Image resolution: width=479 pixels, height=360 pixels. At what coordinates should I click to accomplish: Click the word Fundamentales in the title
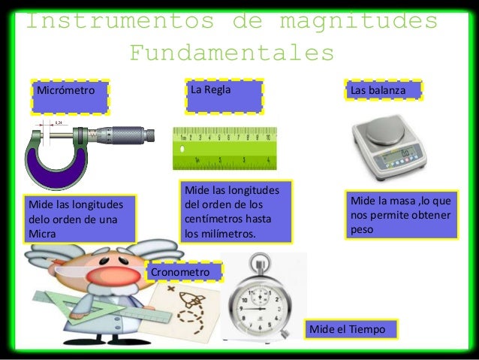coord(231,53)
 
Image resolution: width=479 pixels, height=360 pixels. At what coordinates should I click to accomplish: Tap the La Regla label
coord(224,93)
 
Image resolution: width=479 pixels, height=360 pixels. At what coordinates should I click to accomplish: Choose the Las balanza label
coord(383,91)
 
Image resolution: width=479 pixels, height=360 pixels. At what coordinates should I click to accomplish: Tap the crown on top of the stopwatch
coord(260,261)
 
